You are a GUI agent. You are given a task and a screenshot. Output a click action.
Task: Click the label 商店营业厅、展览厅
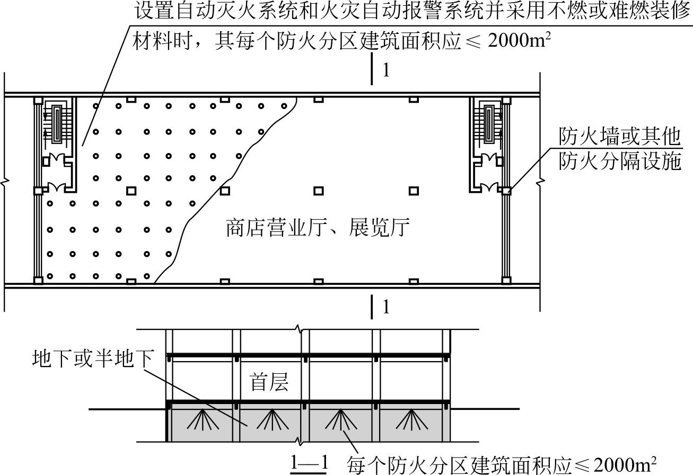click(319, 229)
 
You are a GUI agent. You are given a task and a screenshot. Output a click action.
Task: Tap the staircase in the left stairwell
click(56, 125)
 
